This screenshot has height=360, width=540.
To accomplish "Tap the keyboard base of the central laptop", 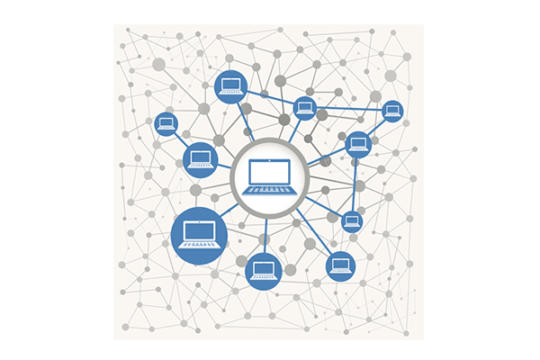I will (x=270, y=189).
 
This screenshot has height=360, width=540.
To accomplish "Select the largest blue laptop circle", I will (x=199, y=235).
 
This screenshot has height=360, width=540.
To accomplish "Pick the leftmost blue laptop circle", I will (x=166, y=124).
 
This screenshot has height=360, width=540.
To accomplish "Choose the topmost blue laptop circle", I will (x=231, y=86).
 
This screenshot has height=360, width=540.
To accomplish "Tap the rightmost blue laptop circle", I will (x=391, y=112).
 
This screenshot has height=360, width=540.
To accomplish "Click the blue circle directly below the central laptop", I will (x=264, y=270).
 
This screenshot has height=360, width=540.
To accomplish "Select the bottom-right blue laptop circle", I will (x=340, y=265).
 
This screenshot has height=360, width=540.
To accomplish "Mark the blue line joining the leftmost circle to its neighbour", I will (x=182, y=140).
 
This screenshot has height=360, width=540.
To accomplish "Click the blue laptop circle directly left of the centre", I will (x=200, y=159).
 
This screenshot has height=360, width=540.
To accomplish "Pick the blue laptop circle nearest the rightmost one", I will (x=358, y=143).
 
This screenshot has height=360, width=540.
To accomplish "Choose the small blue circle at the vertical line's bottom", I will (x=352, y=221).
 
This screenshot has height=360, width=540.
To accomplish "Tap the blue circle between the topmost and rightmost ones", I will (x=304, y=108).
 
